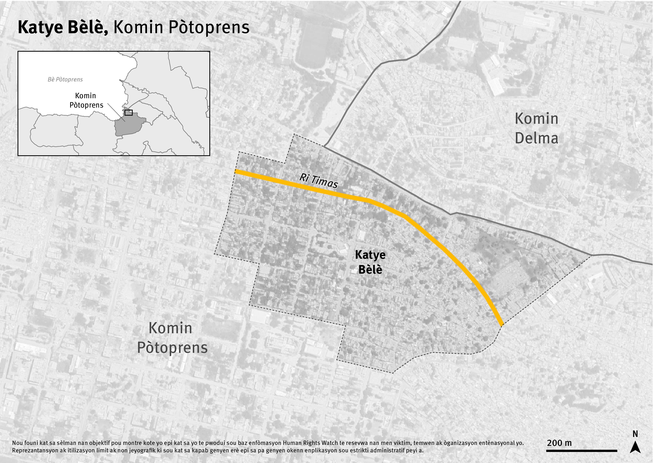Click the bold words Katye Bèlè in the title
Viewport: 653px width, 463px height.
tap(63, 28)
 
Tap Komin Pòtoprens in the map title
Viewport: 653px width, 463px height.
tap(181, 28)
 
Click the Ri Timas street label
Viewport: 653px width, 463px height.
tap(319, 181)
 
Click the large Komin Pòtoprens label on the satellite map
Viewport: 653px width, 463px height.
tap(172, 338)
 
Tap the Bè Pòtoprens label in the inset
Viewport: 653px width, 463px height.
tap(65, 80)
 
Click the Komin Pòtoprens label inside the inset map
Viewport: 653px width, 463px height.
tap(86, 100)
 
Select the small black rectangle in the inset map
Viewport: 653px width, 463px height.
tap(129, 113)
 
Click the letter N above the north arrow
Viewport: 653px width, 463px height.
tap(635, 434)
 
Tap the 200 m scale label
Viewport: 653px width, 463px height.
tap(559, 443)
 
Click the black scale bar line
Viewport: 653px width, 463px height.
tap(581, 451)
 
